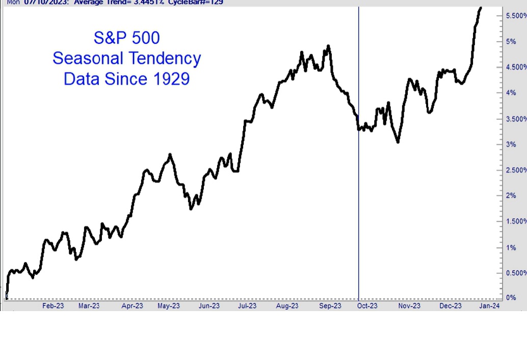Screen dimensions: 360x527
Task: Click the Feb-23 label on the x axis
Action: click(x=53, y=306)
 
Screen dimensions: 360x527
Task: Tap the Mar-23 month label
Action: click(x=89, y=306)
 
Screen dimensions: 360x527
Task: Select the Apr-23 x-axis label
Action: click(x=133, y=306)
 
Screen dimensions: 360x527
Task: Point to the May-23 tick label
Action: click(x=169, y=306)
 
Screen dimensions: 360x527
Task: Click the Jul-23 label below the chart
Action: click(x=247, y=306)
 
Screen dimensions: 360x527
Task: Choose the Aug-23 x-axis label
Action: click(x=287, y=306)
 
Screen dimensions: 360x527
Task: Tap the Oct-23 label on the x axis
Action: click(x=367, y=306)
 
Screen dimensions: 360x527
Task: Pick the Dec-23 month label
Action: click(x=451, y=306)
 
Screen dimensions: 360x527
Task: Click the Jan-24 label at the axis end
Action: click(x=489, y=306)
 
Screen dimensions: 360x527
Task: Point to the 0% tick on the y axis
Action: click(x=511, y=298)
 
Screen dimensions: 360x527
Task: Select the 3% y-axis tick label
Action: click(x=511, y=145)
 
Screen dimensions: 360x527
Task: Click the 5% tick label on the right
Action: click(x=511, y=42)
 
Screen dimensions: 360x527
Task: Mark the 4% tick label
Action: click(x=511, y=93)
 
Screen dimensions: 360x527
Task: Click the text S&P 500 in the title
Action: click(x=127, y=38)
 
